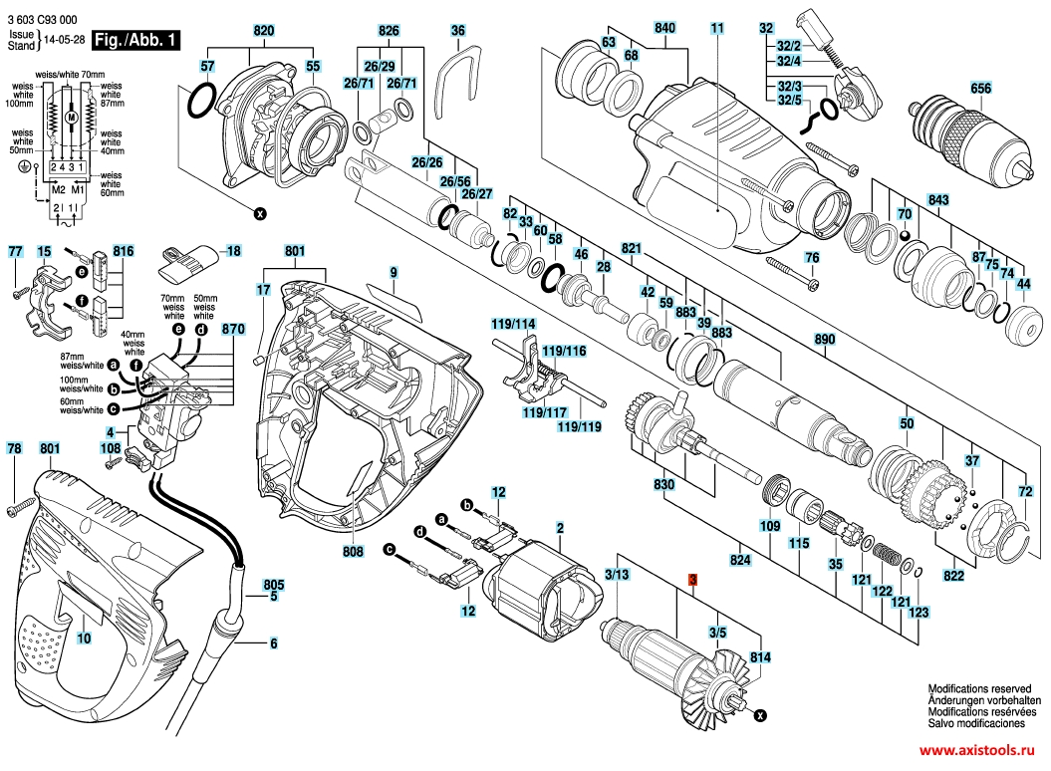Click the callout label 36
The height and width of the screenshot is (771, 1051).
[457, 31]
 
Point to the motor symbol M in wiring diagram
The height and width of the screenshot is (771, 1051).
[70, 118]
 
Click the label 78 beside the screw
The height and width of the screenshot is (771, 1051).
[14, 449]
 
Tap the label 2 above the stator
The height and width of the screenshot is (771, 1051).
[560, 527]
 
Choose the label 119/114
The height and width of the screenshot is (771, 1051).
[512, 325]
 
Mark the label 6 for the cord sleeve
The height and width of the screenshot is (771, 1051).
[272, 643]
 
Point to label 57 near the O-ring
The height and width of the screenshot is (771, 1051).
[207, 67]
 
